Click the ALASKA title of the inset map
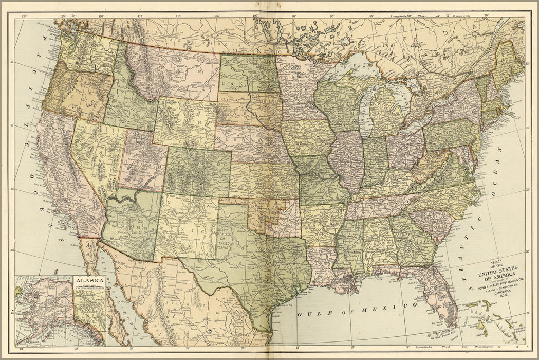point(90,280)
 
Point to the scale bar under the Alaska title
point(90,286)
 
